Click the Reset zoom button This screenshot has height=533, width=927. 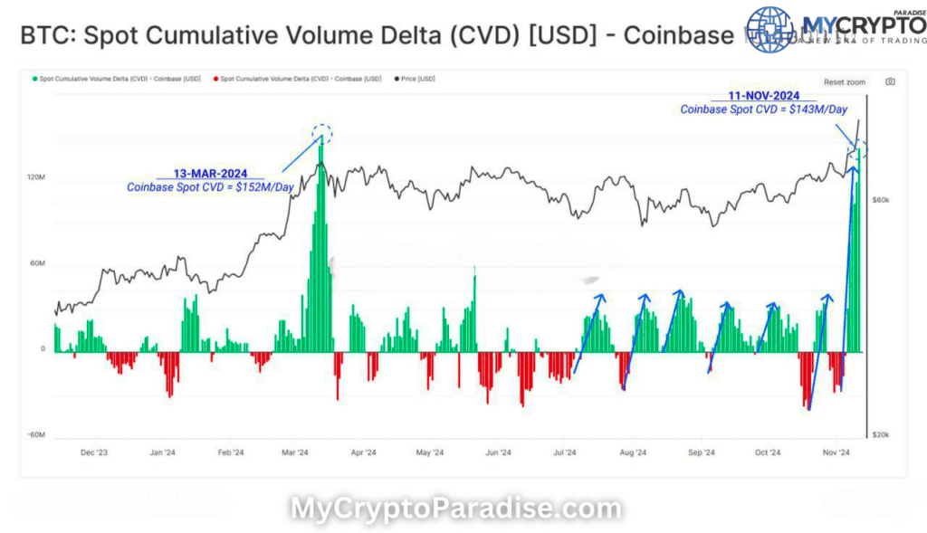[844, 82]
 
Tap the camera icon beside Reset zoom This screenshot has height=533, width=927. [890, 81]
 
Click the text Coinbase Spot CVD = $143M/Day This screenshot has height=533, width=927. [764, 109]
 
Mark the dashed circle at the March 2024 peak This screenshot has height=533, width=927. [323, 135]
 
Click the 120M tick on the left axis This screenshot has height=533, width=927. [36, 178]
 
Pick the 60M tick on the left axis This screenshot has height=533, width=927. [38, 264]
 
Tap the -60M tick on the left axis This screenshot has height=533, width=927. [36, 435]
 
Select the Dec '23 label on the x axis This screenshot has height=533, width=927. [94, 452]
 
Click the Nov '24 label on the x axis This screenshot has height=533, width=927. [837, 452]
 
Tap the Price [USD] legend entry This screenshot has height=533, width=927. [416, 80]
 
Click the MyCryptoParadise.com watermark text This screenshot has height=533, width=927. [455, 509]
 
